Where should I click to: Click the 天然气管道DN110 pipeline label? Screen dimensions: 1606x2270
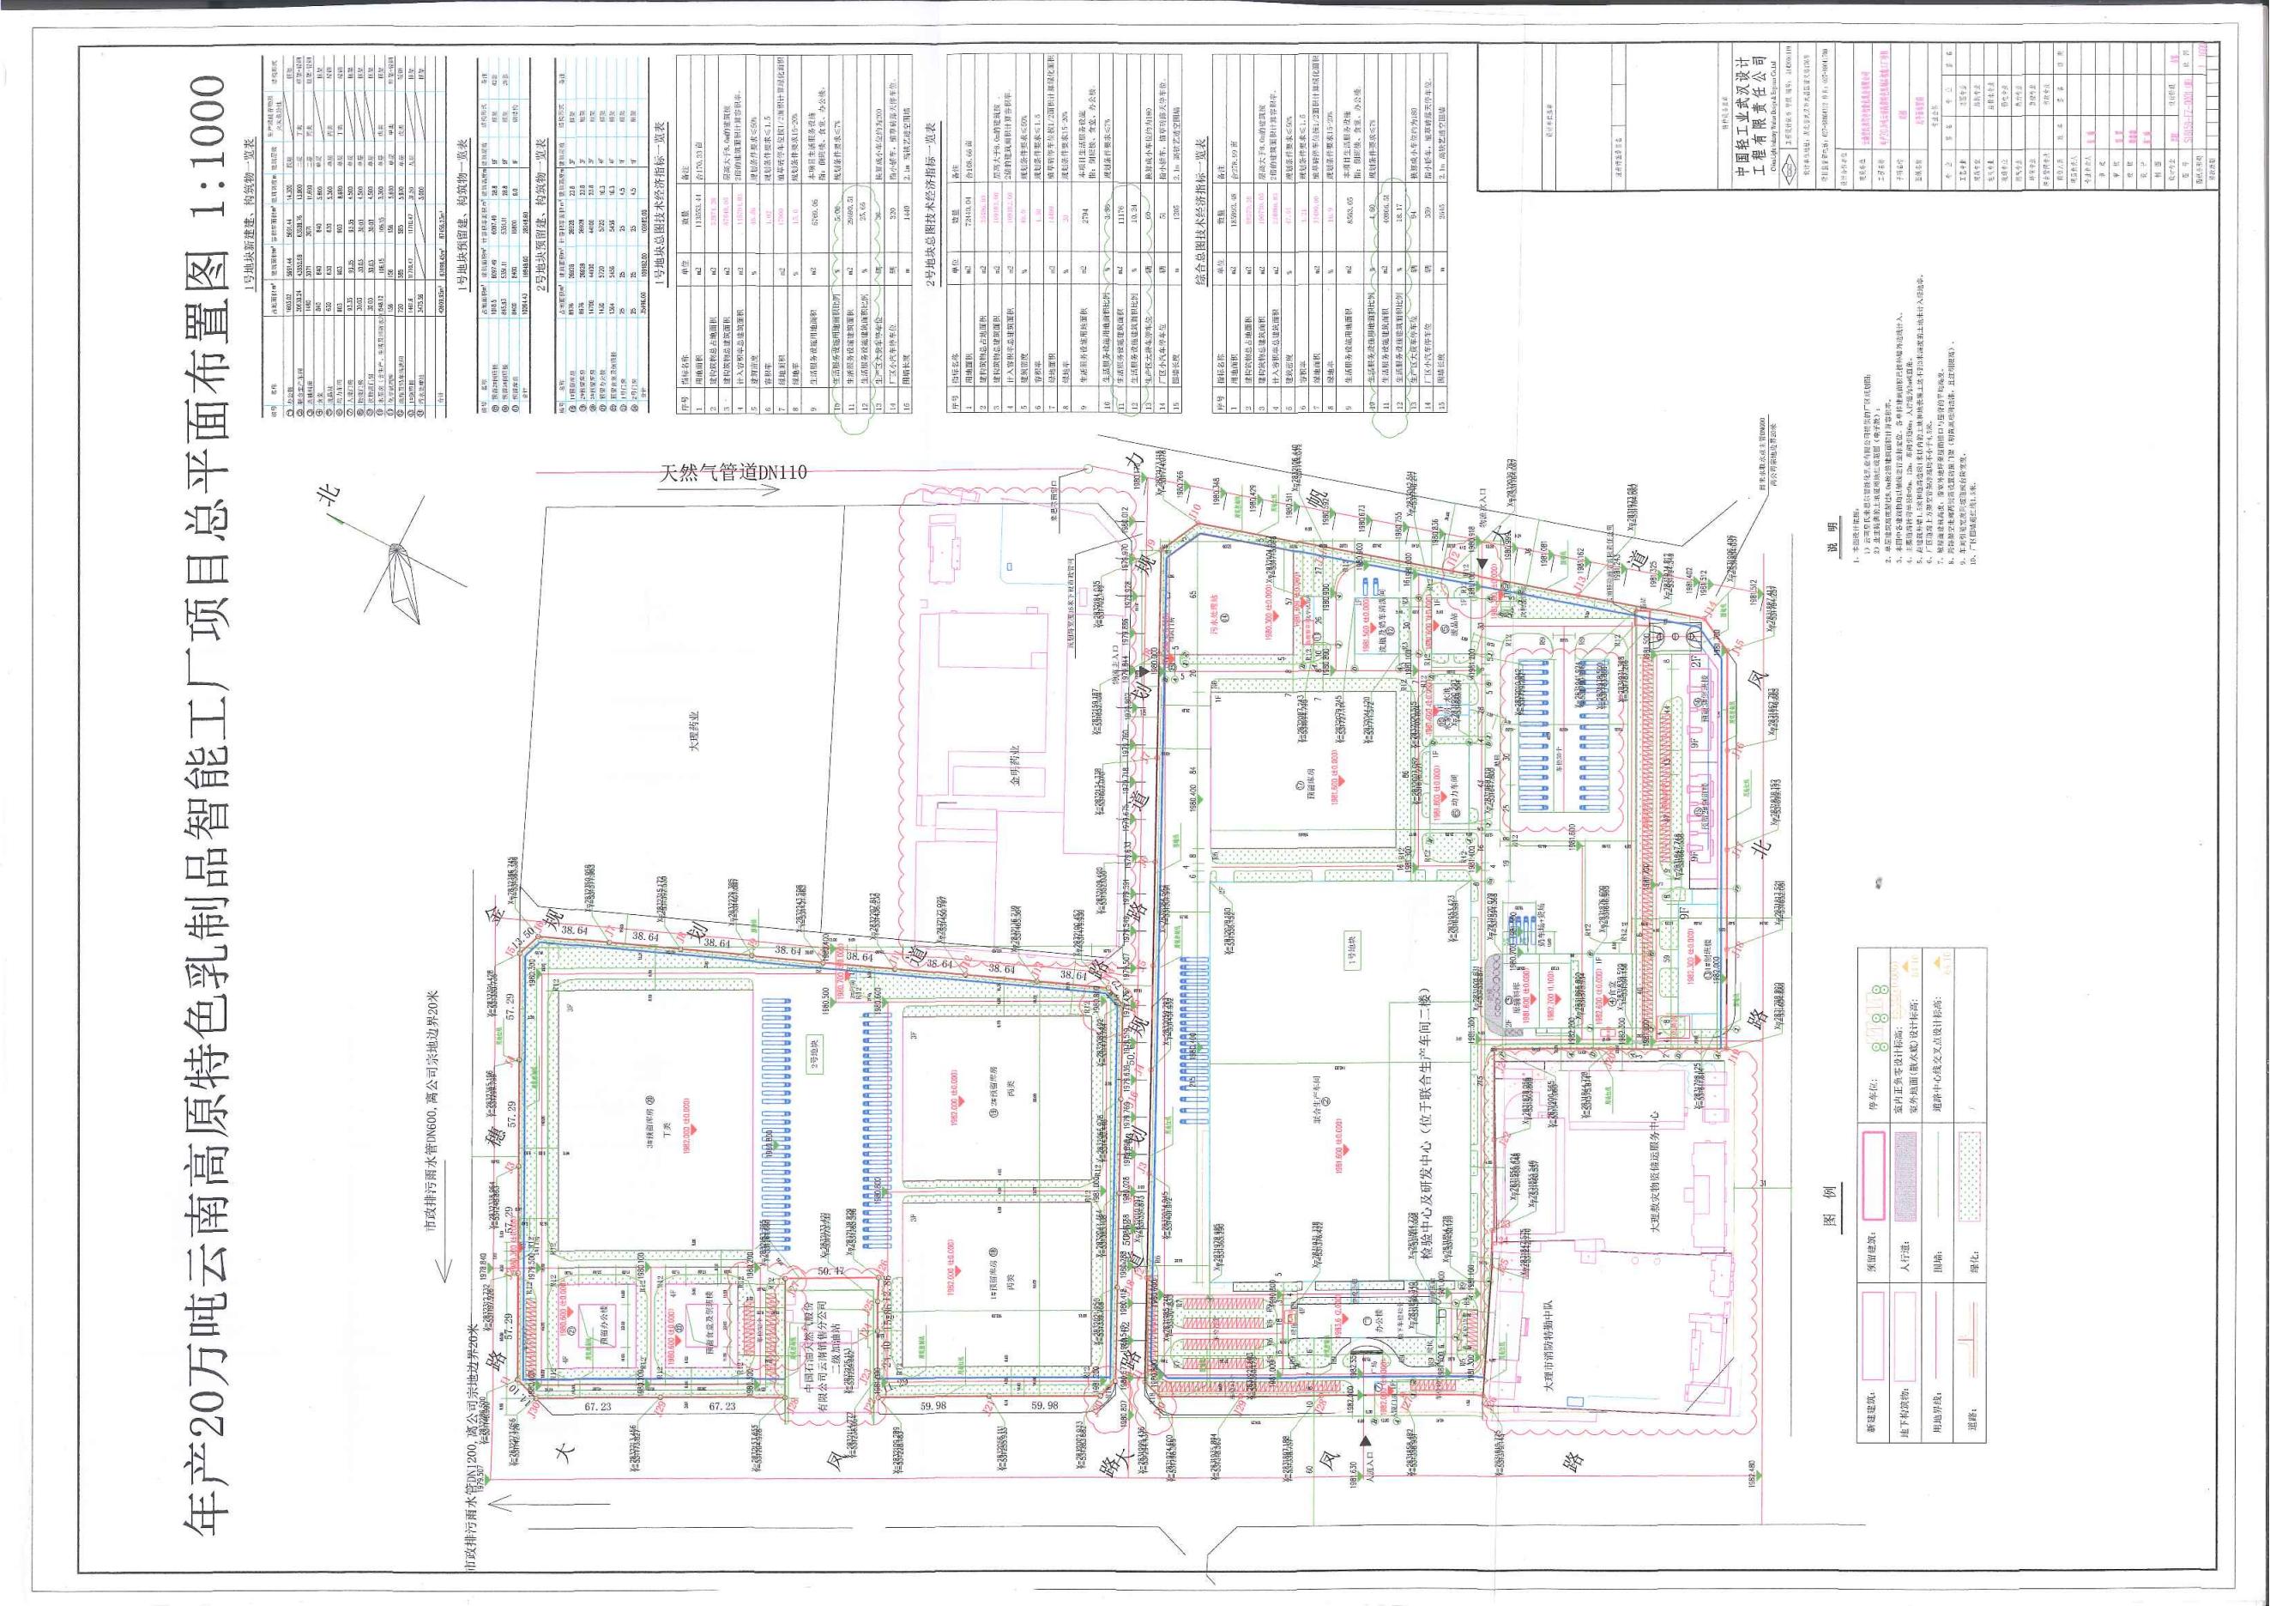(x=733, y=472)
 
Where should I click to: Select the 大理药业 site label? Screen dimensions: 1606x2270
(x=694, y=730)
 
